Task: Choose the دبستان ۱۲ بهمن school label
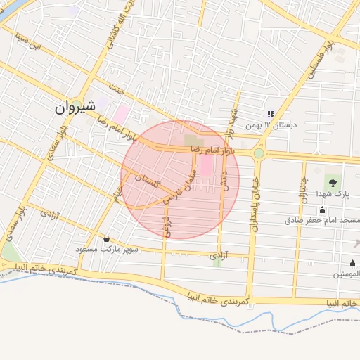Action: (271, 125)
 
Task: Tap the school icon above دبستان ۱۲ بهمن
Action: (270, 114)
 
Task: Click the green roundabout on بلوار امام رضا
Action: (259, 153)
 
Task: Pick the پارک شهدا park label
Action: (331, 193)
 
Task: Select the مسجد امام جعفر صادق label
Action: (322, 220)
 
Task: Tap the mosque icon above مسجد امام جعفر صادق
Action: (322, 210)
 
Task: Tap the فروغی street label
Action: (166, 224)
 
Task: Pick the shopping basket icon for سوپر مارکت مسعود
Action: (106, 239)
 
